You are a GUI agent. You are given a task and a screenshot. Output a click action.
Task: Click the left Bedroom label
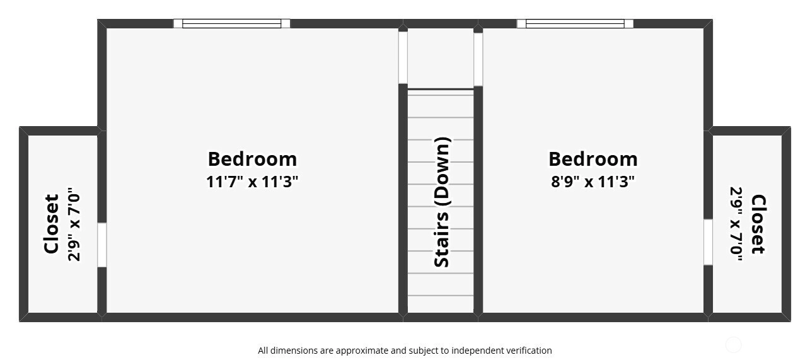pyautogui.click(x=252, y=160)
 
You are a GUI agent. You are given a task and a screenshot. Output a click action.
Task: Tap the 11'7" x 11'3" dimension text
pyautogui.click(x=252, y=182)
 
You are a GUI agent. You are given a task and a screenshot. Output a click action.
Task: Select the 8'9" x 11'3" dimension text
pyautogui.click(x=593, y=182)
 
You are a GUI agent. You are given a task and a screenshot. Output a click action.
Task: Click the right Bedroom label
pyautogui.click(x=593, y=160)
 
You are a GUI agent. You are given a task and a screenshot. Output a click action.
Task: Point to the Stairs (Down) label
pyautogui.click(x=442, y=202)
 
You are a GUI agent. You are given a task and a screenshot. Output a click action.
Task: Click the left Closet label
pyautogui.click(x=51, y=224)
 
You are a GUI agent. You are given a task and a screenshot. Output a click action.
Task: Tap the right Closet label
pyautogui.click(x=758, y=224)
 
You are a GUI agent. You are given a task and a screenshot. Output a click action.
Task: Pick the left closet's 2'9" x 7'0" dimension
pyautogui.click(x=74, y=224)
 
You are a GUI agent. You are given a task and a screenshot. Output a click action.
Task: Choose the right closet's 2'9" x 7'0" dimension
pyautogui.click(x=736, y=224)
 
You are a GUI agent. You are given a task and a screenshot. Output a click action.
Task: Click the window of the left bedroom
pyautogui.click(x=231, y=23)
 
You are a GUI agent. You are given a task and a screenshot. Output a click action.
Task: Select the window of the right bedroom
pyautogui.click(x=575, y=23)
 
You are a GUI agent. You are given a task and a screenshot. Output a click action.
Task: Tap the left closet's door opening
pyautogui.click(x=102, y=245)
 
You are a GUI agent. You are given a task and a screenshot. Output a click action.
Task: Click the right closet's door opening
pyautogui.click(x=708, y=241)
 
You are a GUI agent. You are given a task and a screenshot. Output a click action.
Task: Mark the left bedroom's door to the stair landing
pyautogui.click(x=403, y=57)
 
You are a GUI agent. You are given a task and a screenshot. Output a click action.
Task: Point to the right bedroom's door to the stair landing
pyautogui.click(x=478, y=59)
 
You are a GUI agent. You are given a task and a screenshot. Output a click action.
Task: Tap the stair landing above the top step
pyautogui.click(x=441, y=58)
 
